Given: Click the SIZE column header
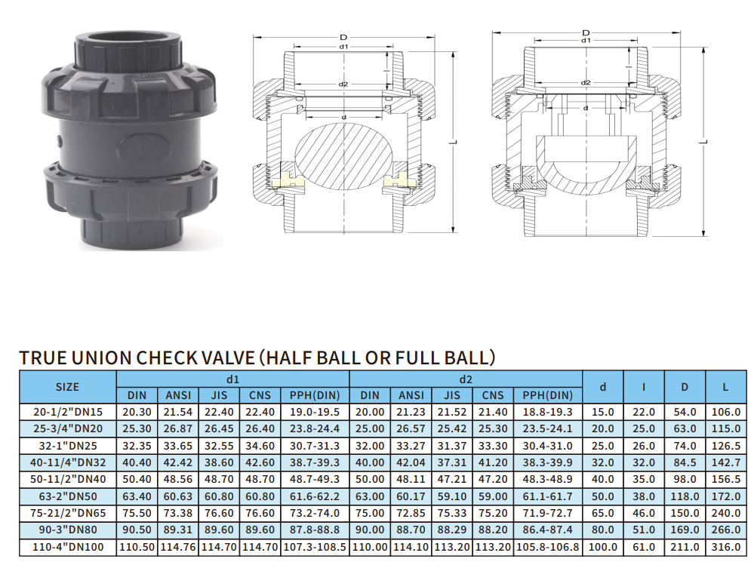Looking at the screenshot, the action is pos(67,387).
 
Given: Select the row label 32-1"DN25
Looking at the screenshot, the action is pos(68,446).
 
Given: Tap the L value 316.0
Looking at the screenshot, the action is pos(725,547).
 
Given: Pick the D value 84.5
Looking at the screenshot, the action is pos(685,462).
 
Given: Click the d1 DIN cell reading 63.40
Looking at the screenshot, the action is pos(137,496).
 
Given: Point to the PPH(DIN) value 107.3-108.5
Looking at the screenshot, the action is pos(315,547).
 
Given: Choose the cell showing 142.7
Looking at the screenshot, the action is pos(725,462).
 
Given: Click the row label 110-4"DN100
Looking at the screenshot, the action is pos(67,547).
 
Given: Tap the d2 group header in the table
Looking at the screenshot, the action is pos(466,379).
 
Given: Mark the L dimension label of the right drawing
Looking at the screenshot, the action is pos(703,143).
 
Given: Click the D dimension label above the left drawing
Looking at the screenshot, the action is pos(343,38).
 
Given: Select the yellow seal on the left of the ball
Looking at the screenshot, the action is pos(288,180).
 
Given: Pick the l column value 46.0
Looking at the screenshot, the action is pos(643,513).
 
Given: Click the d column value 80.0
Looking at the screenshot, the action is pos(602,530).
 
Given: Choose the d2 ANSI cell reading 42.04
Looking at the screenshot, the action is pos(411,462).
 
